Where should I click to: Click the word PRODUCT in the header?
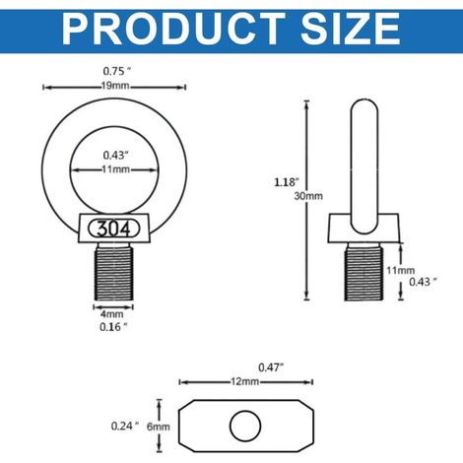point(173,29)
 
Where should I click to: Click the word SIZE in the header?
point(351,29)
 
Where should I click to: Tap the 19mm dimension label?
point(115,87)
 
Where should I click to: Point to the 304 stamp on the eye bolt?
point(114,229)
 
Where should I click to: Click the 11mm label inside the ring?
point(115,169)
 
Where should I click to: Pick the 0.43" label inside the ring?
point(115,155)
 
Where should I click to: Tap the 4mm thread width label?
point(112,314)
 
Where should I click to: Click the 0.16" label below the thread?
point(113,327)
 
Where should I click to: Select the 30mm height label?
point(308,196)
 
